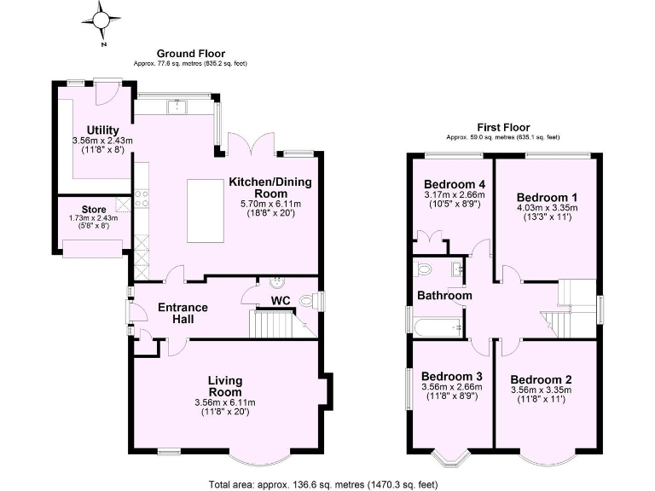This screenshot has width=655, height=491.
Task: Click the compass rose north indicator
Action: [102, 19]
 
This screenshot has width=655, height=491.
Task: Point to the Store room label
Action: [94, 209]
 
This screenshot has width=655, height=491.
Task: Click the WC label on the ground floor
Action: [282, 300]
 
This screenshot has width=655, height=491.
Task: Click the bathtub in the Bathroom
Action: [436, 326]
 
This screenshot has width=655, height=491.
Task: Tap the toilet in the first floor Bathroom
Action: [425, 270]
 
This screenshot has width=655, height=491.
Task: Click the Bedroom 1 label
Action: [546, 195]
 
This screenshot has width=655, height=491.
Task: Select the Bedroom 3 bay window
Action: [450, 460]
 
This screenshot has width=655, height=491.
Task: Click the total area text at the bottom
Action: [322, 483]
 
